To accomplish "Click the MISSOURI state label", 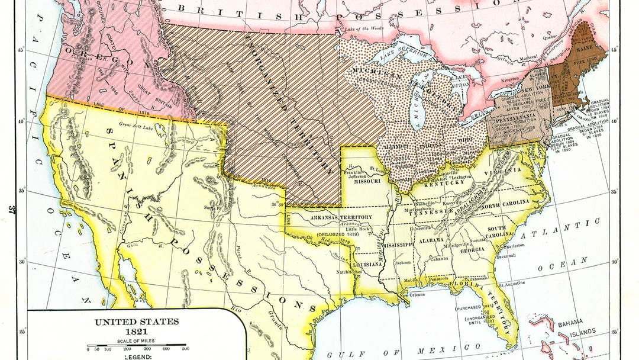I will pos(362,182).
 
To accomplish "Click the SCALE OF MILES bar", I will pos(136,346).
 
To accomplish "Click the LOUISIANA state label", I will pos(367,264).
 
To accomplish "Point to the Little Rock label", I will pos(345,229).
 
